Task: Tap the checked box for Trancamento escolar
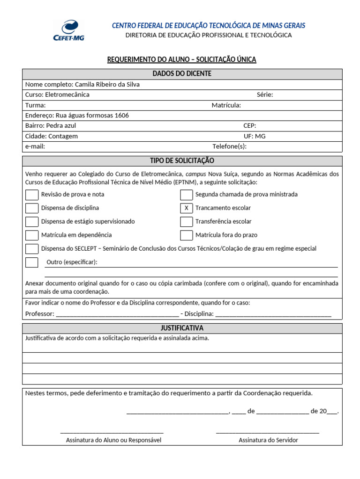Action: tap(187, 208)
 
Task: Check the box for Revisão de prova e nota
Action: tap(32, 195)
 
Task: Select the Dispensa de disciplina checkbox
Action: tap(32, 208)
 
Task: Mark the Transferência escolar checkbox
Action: tap(187, 222)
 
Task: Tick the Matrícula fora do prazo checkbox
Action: tap(187, 235)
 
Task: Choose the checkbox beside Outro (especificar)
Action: tap(32, 262)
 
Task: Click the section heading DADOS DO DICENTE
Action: tap(182, 74)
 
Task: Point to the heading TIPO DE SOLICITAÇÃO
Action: tap(182, 161)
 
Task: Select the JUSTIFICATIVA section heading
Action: tap(182, 328)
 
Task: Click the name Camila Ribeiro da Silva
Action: tap(107, 85)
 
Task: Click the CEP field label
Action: tap(250, 126)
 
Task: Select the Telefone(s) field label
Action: tap(229, 146)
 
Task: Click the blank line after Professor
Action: tap(117, 314)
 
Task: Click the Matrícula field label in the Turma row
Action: tap(226, 105)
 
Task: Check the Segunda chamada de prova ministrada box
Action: tap(187, 195)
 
